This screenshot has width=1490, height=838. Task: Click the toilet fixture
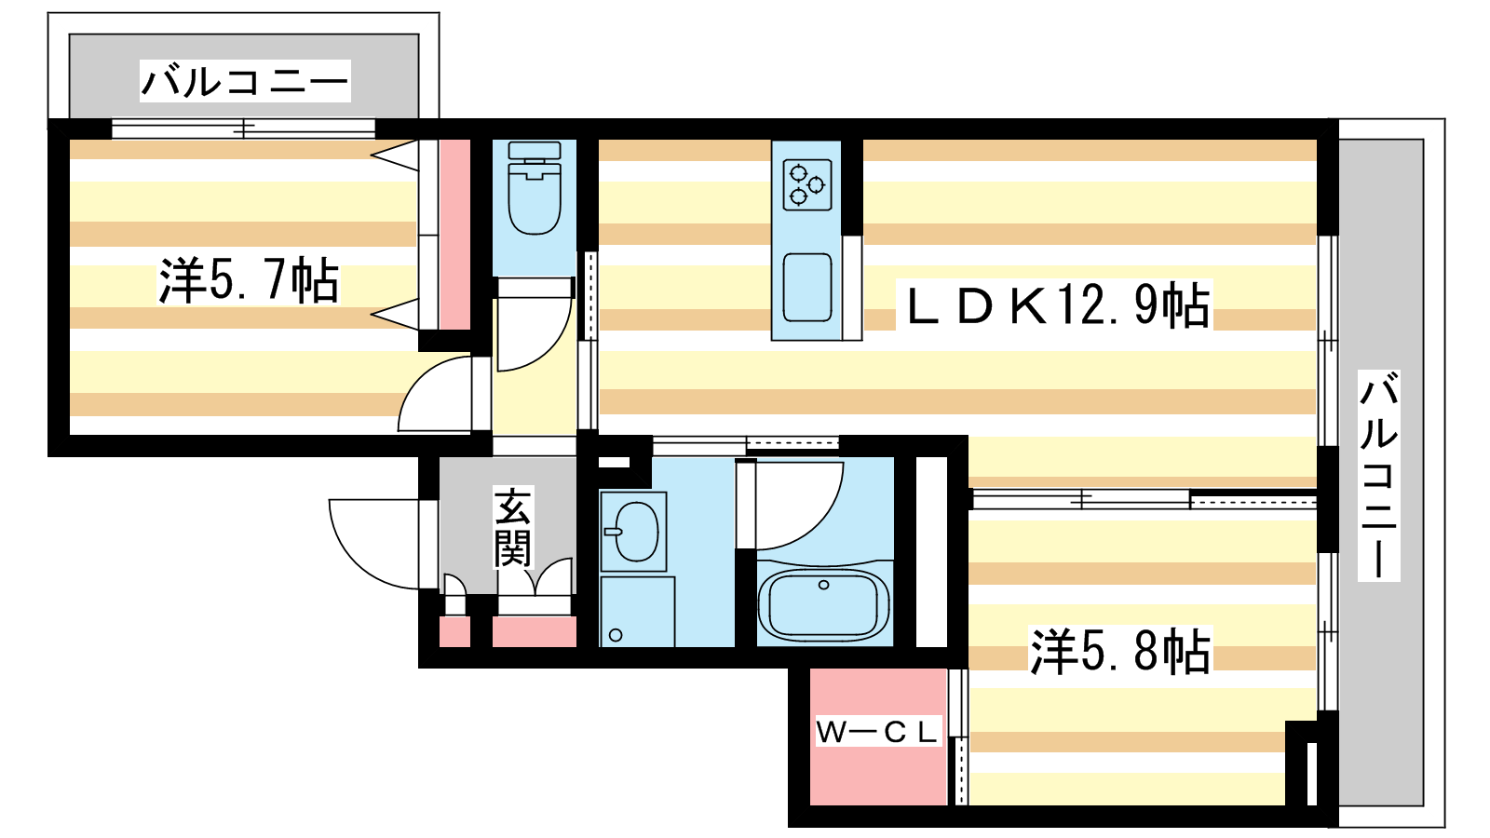point(535,188)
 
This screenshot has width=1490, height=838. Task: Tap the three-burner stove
point(806,185)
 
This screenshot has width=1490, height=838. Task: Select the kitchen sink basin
point(806,288)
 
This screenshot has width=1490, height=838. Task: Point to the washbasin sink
point(634,532)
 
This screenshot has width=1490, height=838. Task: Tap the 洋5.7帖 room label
point(248,280)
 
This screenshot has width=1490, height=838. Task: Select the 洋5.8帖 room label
point(1120,651)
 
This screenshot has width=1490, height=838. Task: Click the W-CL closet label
point(877,732)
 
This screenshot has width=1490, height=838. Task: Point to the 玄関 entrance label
point(512,528)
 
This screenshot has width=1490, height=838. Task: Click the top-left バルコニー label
point(244,81)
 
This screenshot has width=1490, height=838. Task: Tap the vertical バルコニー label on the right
point(1379,476)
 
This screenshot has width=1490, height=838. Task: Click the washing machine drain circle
point(616,635)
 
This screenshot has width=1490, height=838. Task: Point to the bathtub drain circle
point(823,586)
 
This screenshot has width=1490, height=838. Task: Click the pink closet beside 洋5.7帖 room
point(455,235)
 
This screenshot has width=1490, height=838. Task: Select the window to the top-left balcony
point(243,128)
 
